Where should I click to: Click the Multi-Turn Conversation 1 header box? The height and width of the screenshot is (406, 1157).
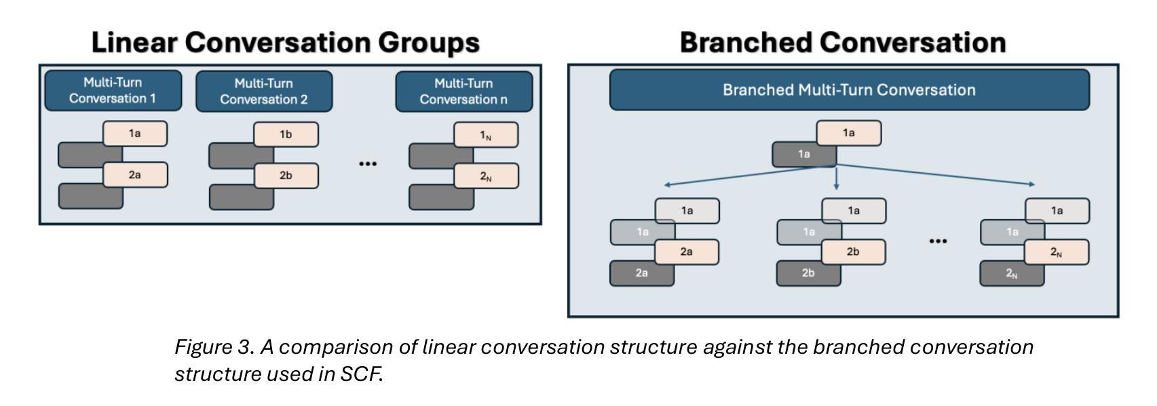113,90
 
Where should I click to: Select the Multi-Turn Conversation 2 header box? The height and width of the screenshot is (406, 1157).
264,92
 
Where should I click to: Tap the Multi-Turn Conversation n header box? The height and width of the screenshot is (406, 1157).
464,92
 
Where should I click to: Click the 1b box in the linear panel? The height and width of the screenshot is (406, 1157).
286,134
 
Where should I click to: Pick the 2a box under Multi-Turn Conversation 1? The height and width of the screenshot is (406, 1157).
135,175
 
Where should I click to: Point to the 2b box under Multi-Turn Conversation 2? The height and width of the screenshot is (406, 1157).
286,176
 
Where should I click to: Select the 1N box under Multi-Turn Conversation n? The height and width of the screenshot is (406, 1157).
485,135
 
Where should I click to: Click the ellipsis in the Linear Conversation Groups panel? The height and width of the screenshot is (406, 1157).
368,164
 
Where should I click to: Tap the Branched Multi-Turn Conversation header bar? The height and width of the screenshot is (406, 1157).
849,89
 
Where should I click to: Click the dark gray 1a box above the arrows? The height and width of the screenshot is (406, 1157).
803,155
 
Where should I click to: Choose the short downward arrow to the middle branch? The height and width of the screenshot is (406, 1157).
836,178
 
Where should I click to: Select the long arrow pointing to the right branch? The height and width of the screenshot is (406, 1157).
936,174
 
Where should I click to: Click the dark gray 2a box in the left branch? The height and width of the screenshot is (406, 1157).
641,273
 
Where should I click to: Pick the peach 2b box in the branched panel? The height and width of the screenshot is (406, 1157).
853,251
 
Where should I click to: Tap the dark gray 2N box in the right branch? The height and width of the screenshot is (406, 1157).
1012,273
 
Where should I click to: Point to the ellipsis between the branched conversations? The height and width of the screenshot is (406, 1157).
938,241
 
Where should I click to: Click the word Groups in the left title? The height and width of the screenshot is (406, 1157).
429,42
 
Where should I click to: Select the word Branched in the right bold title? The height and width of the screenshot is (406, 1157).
746,42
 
